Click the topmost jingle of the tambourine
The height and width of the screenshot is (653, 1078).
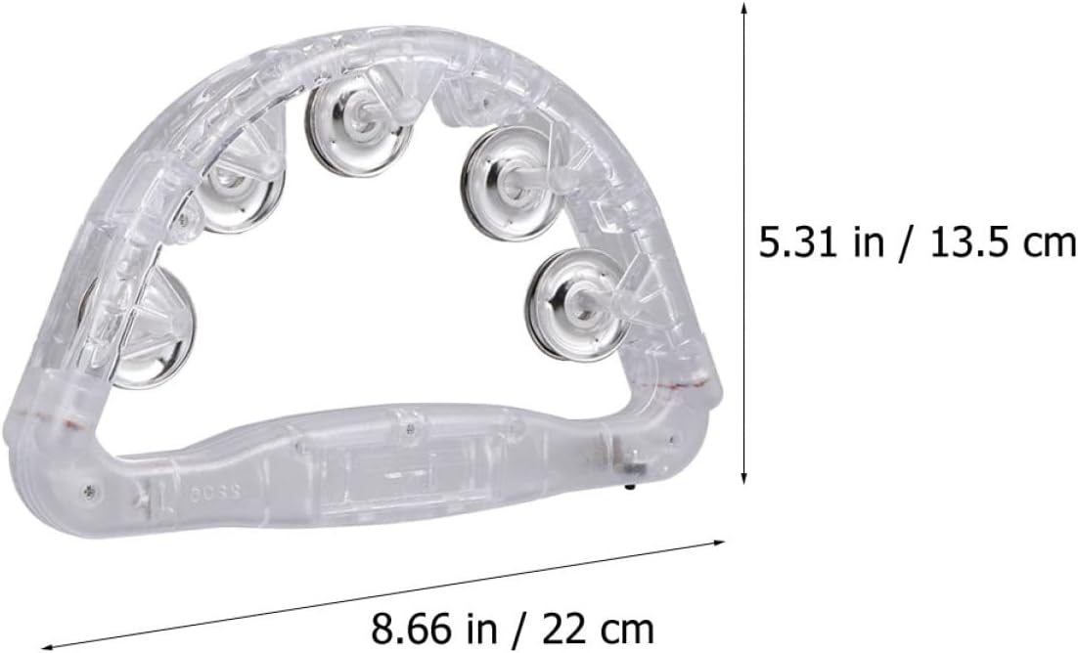[x=358, y=124]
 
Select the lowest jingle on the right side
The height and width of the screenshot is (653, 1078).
[x=577, y=304]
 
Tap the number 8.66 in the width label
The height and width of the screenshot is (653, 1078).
[x=411, y=627]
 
